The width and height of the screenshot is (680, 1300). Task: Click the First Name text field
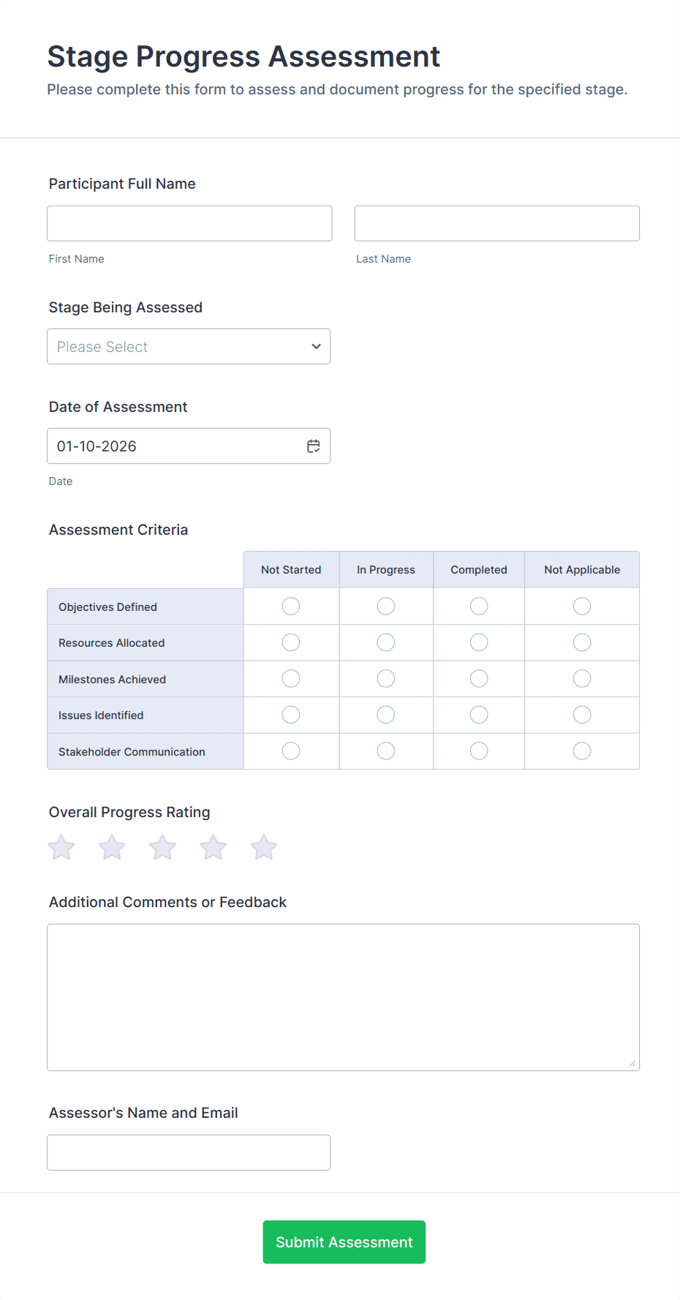click(x=189, y=223)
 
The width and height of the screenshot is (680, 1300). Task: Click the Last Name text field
click(x=496, y=223)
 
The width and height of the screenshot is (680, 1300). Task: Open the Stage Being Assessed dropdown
click(x=189, y=347)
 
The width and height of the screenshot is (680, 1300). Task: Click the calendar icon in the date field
click(x=314, y=446)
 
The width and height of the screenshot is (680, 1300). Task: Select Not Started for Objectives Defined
click(x=291, y=606)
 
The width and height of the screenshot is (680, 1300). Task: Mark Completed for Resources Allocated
click(x=479, y=642)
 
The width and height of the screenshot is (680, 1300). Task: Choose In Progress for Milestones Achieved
click(x=386, y=679)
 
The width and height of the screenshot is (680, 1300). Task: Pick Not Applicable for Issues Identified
click(x=582, y=715)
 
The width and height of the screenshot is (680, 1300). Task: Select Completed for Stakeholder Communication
click(x=479, y=751)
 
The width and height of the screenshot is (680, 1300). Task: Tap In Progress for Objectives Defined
click(x=386, y=606)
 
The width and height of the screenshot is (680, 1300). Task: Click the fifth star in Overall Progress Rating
click(x=264, y=848)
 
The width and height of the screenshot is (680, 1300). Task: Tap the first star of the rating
click(x=61, y=848)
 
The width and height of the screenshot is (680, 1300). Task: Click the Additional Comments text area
click(x=343, y=997)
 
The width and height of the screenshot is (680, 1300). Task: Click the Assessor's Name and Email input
click(x=189, y=1152)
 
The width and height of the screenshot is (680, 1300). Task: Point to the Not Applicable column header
click(x=582, y=570)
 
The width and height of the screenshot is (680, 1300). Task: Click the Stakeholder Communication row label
click(x=132, y=752)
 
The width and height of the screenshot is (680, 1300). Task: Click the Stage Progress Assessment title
click(x=243, y=57)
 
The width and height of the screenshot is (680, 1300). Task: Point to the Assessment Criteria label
click(x=118, y=530)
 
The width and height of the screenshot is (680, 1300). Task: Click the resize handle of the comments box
click(x=632, y=1064)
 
